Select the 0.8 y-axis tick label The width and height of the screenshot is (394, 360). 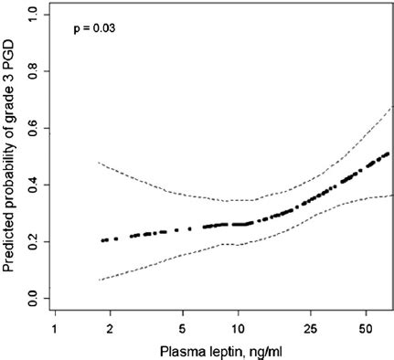33,71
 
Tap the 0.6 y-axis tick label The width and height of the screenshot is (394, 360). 33,129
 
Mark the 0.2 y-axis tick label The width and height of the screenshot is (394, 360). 33,242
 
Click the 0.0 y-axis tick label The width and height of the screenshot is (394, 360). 33,299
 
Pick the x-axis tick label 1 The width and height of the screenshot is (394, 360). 55,326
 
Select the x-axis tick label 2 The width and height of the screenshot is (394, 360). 110,326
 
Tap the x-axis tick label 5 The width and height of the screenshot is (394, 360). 183,326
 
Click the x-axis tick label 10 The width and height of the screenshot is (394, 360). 238,326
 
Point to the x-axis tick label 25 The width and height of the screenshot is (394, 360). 311,326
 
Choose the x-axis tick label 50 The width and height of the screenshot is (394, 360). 366,326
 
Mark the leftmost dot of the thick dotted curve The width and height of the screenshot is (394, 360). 103,240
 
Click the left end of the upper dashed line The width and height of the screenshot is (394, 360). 98,163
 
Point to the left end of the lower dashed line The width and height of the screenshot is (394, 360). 98,280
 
